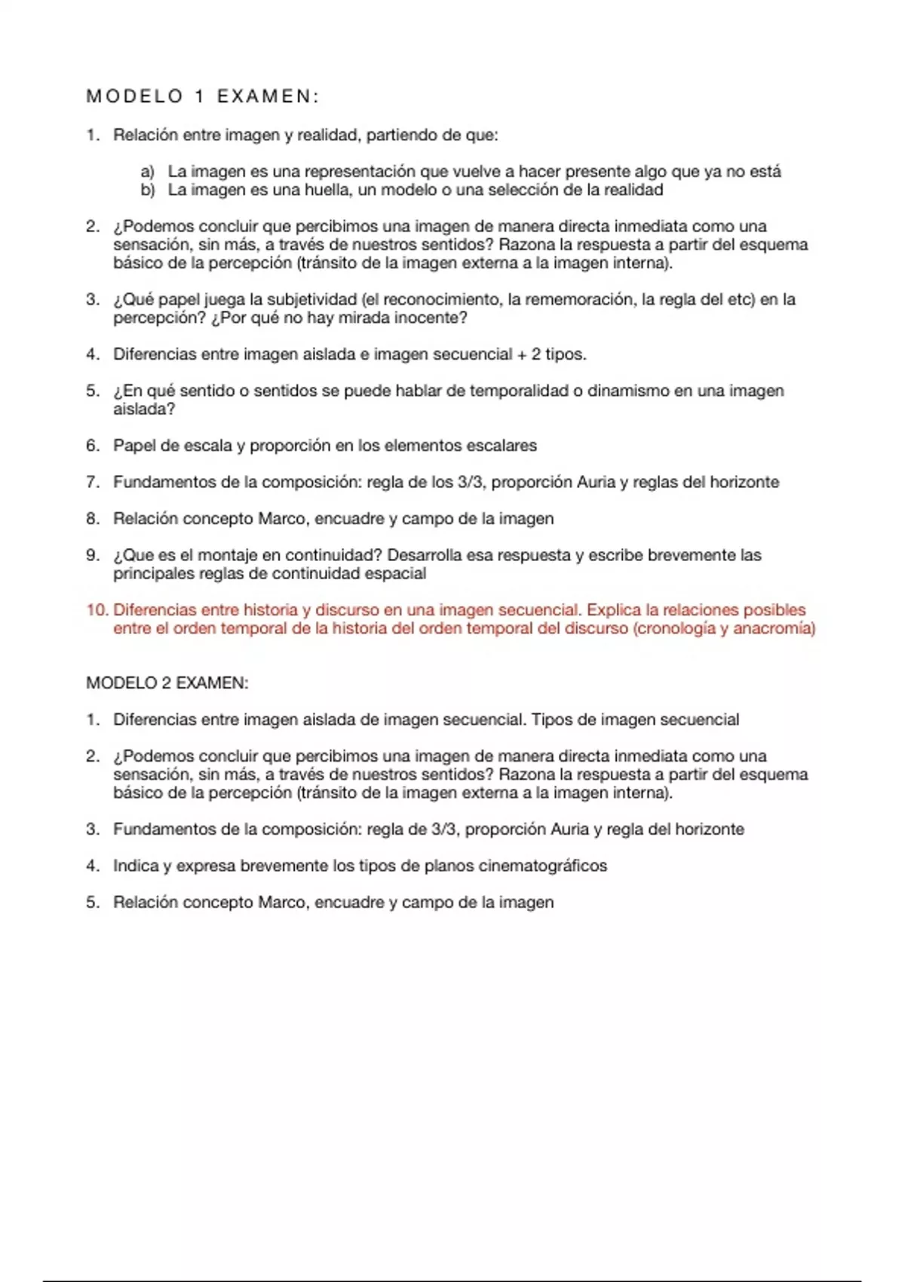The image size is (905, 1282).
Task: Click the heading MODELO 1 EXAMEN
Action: point(203,97)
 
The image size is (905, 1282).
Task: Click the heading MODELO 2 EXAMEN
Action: point(167,683)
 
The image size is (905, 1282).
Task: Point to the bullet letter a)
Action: point(147,172)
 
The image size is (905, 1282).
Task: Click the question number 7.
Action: point(93,482)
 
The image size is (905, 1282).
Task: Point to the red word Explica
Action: point(613,610)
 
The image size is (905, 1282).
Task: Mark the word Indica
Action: point(136,866)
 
